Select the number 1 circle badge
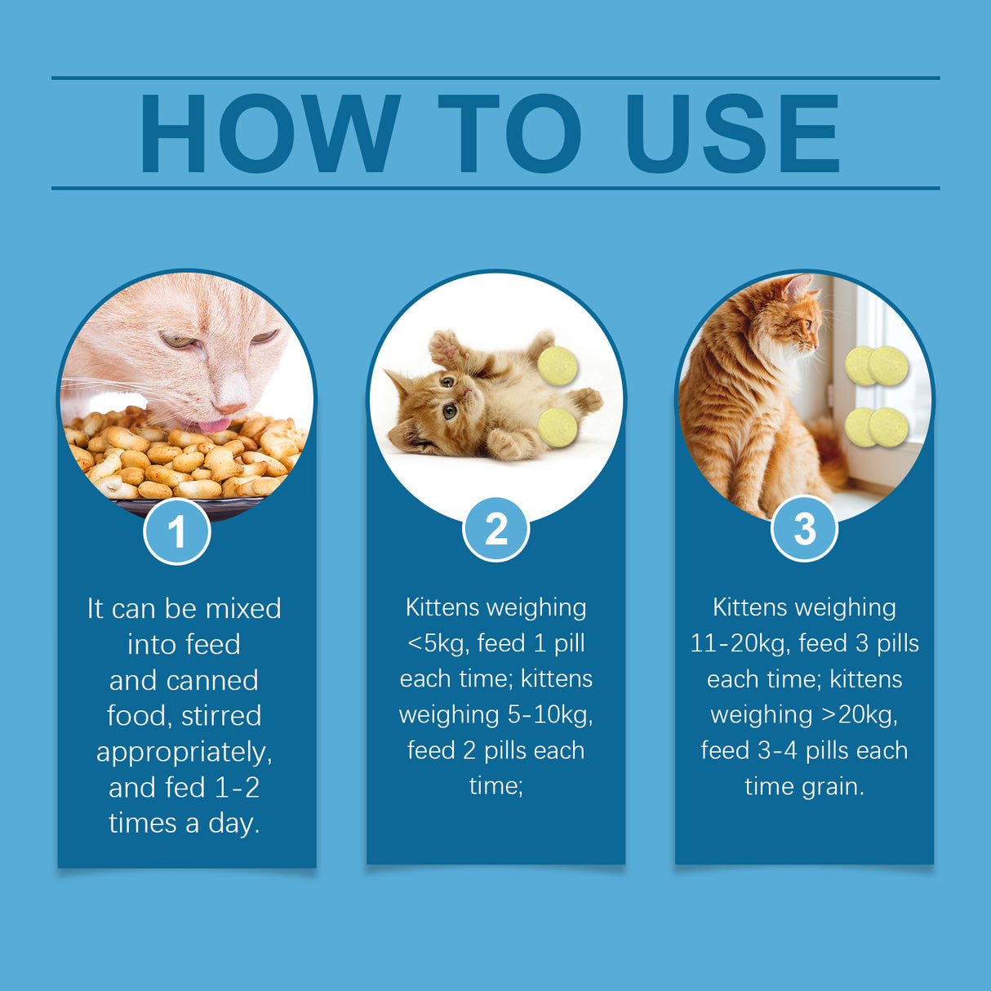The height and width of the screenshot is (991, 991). [177, 532]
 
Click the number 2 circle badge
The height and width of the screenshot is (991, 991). [495, 529]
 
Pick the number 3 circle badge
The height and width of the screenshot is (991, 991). [804, 528]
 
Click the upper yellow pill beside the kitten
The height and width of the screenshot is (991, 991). [558, 366]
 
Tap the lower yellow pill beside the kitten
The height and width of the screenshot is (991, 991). [558, 427]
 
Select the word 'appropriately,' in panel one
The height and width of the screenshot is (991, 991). [184, 752]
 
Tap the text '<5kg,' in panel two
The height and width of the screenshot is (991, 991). [438, 643]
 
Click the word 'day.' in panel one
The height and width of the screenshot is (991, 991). [233, 823]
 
